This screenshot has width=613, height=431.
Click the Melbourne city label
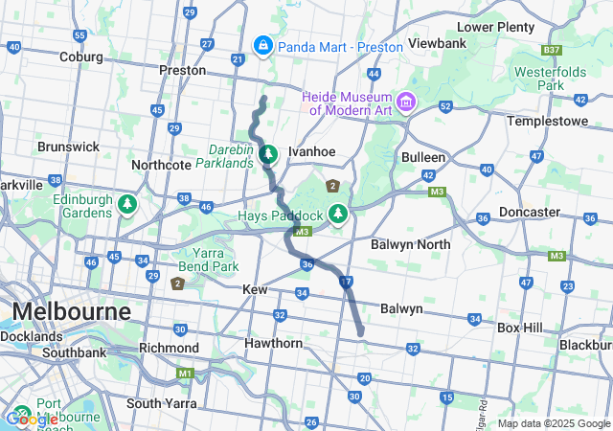pos(71,312)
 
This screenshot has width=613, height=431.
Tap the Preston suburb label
pos(182,70)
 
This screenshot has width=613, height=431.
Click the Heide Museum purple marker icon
pos(406,101)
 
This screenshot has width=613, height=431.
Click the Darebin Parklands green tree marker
pos(269,153)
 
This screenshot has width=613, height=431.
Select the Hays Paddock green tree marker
pos(337,214)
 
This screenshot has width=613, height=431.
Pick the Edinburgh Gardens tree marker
pos(127,204)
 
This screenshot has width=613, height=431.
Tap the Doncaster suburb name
pos(530,212)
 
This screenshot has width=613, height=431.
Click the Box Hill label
pos(519,327)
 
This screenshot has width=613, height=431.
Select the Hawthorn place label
pos(273,343)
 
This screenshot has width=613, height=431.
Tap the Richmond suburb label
pos(169,348)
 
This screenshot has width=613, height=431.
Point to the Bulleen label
pos(423,157)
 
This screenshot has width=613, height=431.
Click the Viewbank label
pos(437,44)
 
